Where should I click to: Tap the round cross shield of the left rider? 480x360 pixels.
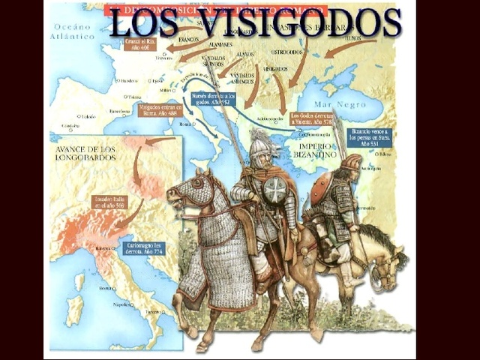pos(275,190)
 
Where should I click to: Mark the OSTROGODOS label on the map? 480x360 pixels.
pos(286,52)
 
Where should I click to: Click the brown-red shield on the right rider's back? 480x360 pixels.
pos(321,187)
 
